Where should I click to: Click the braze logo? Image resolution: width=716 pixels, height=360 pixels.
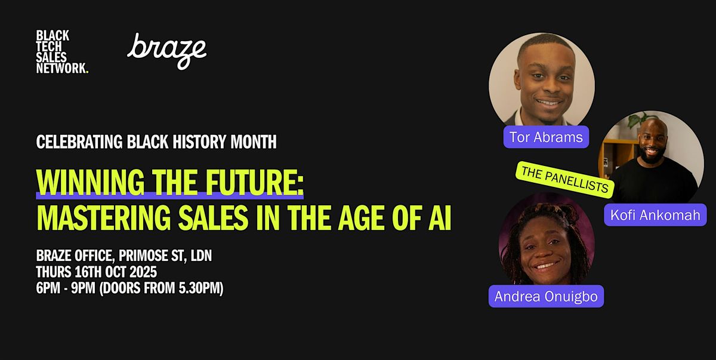[x=166, y=51]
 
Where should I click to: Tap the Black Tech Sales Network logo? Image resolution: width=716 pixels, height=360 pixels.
[x=62, y=52]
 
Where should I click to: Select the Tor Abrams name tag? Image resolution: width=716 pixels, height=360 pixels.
[x=546, y=137]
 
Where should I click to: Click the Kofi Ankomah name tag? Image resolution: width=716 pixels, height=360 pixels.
[x=655, y=215]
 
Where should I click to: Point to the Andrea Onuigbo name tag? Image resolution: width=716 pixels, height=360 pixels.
[x=546, y=296]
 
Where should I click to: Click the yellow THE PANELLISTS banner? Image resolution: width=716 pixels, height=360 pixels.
[x=565, y=180]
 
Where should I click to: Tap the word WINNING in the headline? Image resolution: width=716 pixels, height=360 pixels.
[x=91, y=182]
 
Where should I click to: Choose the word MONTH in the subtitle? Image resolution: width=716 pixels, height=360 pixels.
[x=254, y=141]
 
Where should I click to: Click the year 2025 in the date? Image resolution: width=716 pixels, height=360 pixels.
[x=143, y=272]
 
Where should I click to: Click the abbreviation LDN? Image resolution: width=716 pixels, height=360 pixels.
[x=201, y=256]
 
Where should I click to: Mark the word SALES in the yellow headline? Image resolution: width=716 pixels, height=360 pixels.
[x=213, y=218]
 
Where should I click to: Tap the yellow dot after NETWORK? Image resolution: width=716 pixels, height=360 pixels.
[x=87, y=72]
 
